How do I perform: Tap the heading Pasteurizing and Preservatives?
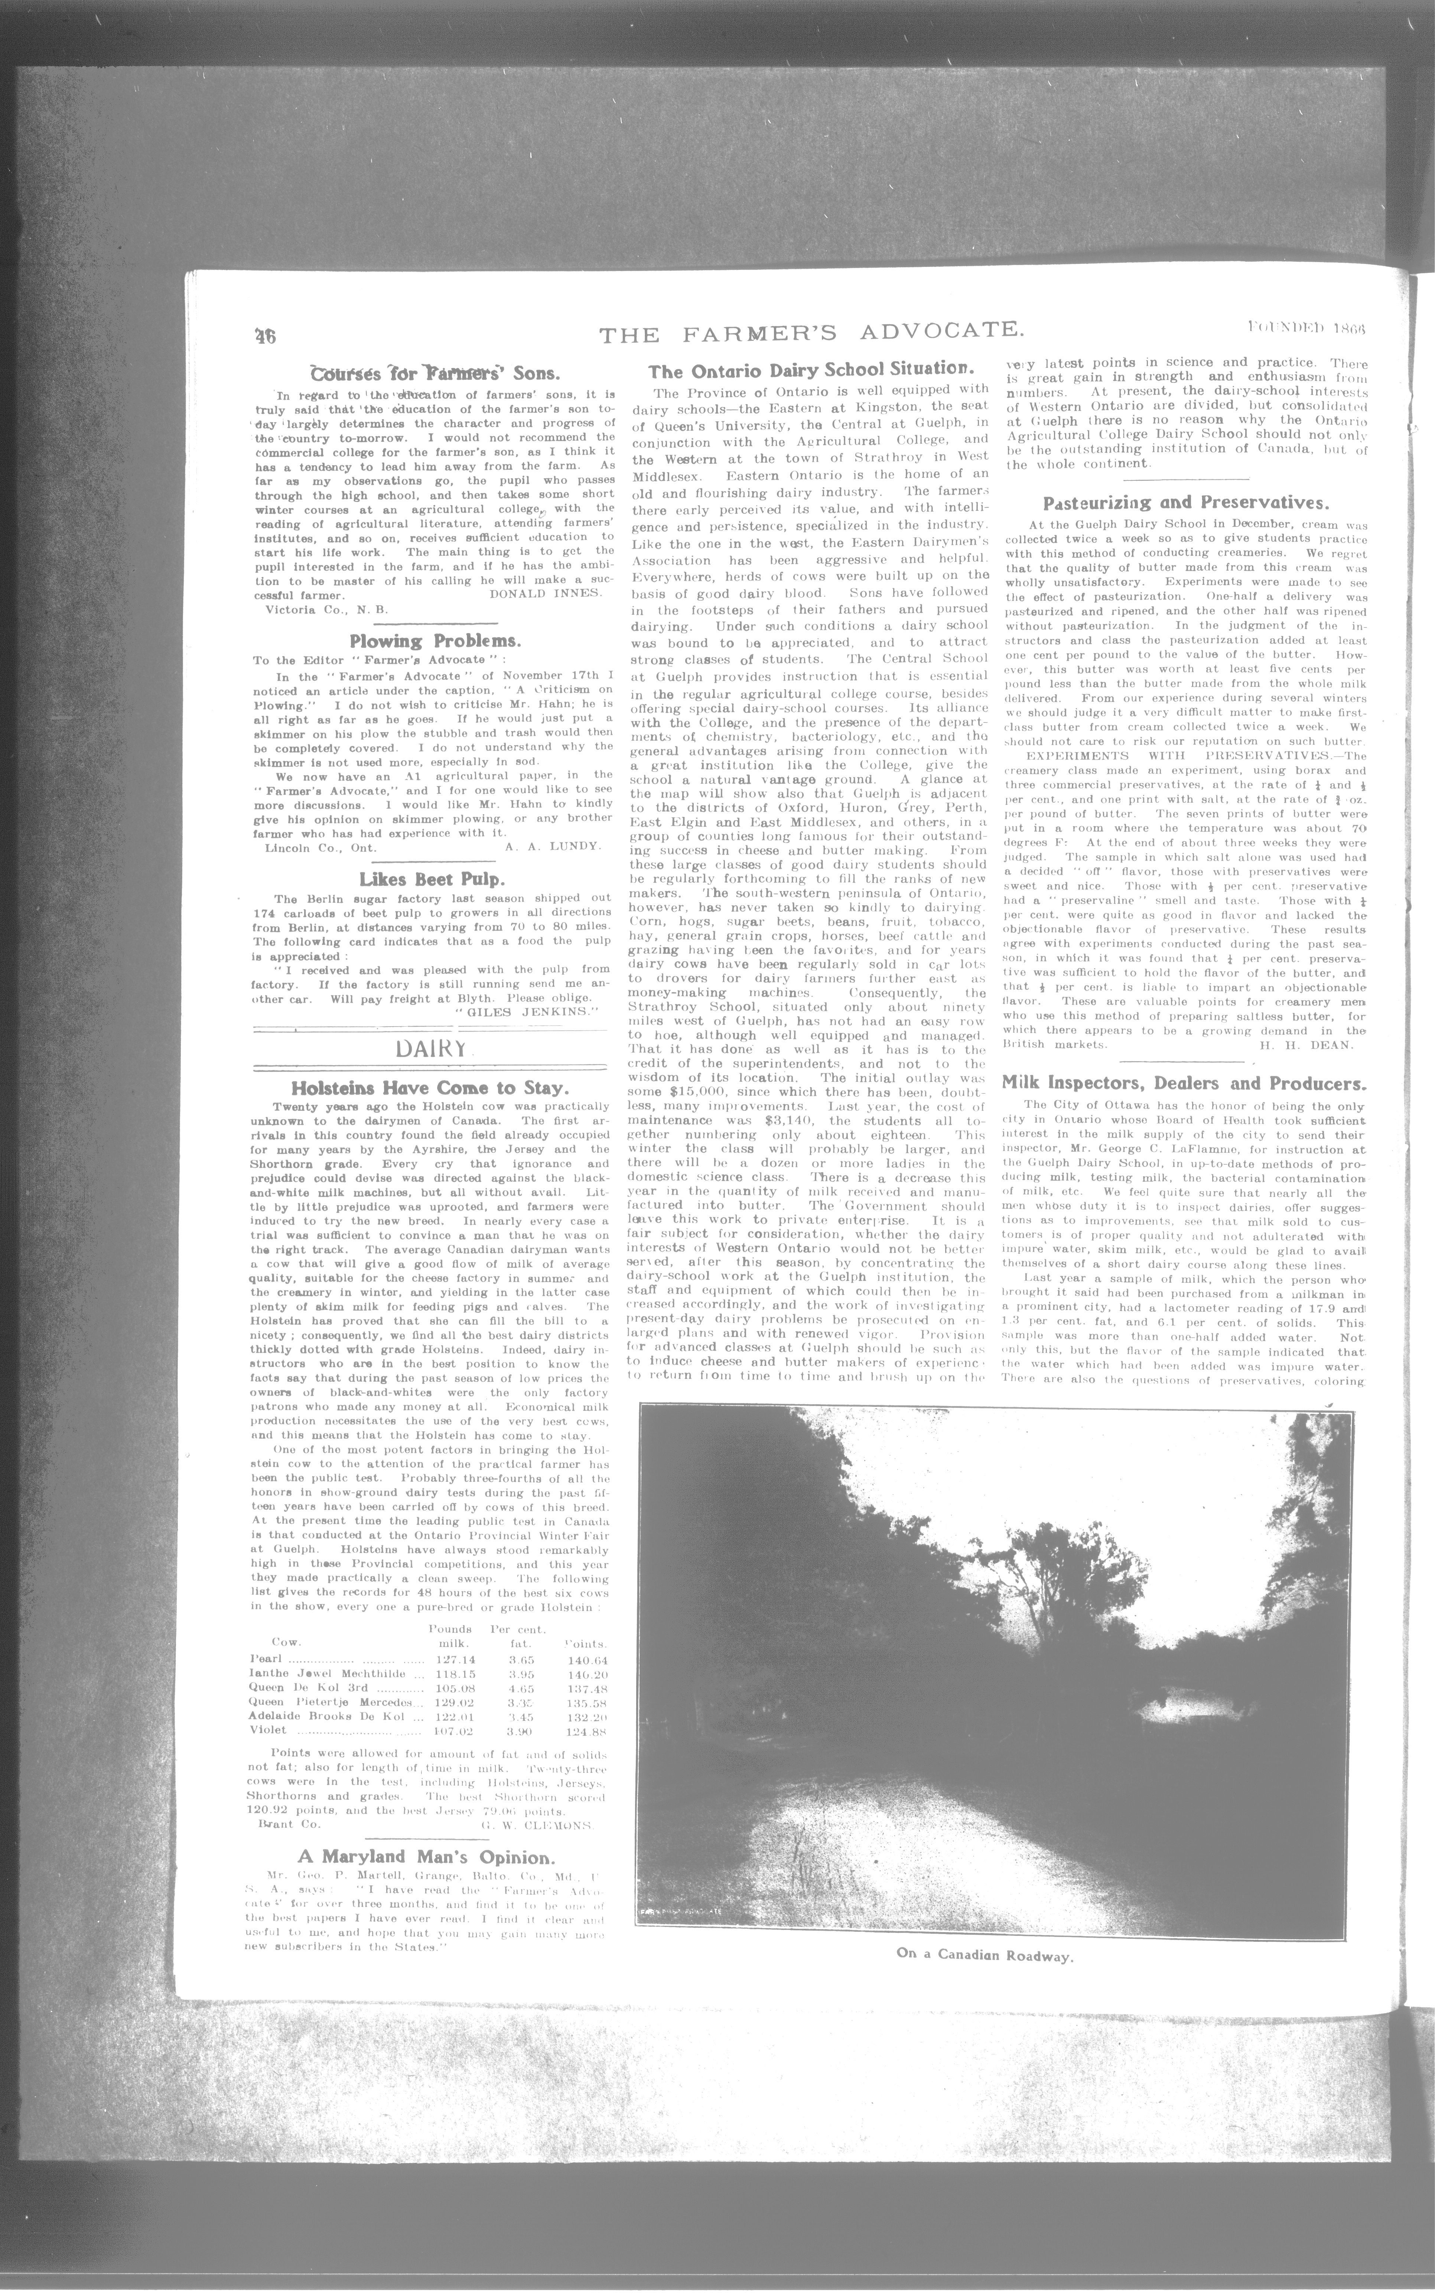click(x=1185, y=503)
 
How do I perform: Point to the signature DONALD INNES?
click(x=546, y=593)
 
